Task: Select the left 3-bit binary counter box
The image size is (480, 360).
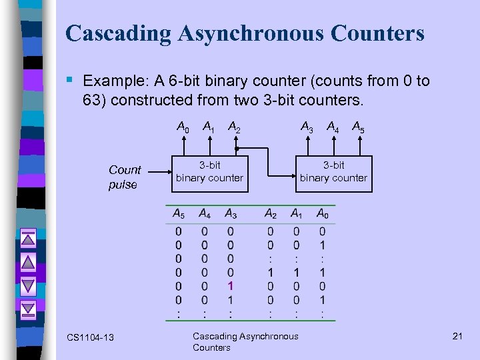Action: coord(209,172)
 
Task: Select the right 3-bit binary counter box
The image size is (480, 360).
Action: coord(333,172)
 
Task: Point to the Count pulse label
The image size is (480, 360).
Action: coord(125,177)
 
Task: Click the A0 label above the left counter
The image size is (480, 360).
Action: coord(182,126)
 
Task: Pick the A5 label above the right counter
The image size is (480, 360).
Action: coord(357,126)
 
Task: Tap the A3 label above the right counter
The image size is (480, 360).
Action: coord(307,126)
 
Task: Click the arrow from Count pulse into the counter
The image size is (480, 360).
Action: coord(157,173)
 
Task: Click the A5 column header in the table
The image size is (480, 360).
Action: coord(179,214)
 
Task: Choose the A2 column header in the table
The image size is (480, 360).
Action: coord(271,214)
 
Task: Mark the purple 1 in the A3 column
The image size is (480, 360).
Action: coord(230,285)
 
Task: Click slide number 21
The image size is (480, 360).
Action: coord(457,336)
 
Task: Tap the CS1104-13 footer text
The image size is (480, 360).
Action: coord(90,338)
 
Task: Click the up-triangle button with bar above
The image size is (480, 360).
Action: coord(28,238)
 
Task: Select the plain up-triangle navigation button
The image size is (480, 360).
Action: coord(28,262)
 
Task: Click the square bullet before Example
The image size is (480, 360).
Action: coord(70,81)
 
